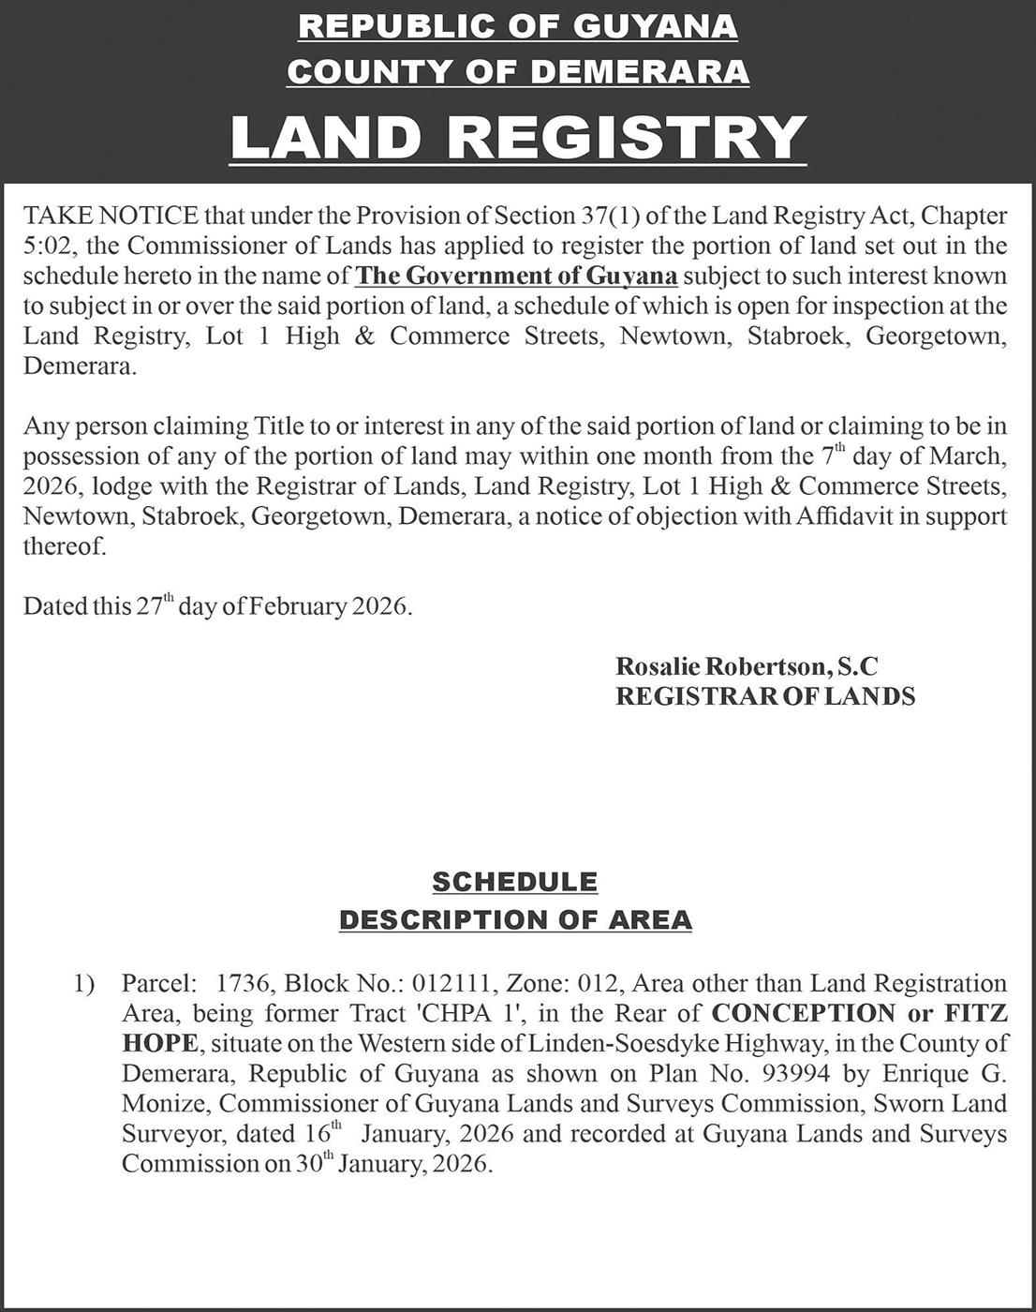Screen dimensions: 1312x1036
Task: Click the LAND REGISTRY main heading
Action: (x=518, y=137)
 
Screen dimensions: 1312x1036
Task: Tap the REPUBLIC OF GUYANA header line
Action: (x=518, y=26)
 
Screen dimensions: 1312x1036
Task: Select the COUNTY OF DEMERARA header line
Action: (x=518, y=71)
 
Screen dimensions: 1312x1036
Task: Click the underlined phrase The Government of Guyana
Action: (x=517, y=276)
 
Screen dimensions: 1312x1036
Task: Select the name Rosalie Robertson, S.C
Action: (x=747, y=666)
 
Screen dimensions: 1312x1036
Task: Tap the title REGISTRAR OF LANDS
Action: (x=764, y=696)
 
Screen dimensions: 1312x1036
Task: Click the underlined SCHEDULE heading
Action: (x=514, y=882)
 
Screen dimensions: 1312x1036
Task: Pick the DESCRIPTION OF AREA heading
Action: (x=515, y=920)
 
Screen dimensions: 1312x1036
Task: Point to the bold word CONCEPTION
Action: (x=803, y=1013)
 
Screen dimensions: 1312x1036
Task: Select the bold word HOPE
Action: (x=159, y=1043)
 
